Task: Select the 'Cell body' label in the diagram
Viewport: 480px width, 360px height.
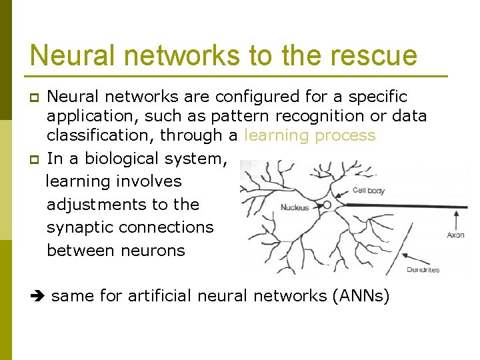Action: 369,191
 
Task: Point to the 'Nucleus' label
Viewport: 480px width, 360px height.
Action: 295,208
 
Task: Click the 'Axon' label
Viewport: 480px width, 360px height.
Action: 456,235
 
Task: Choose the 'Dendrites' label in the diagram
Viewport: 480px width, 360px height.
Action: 423,270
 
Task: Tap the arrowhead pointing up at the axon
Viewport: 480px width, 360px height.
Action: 457,214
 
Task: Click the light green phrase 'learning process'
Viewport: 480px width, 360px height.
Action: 310,135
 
